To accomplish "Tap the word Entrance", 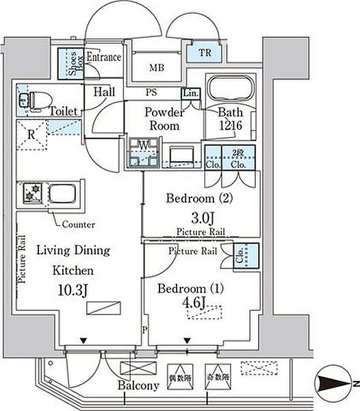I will [104, 58].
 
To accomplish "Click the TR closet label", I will [205, 53].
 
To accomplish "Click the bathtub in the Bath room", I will [231, 90].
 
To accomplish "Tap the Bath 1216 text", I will [230, 119].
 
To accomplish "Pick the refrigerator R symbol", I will [32, 133].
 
